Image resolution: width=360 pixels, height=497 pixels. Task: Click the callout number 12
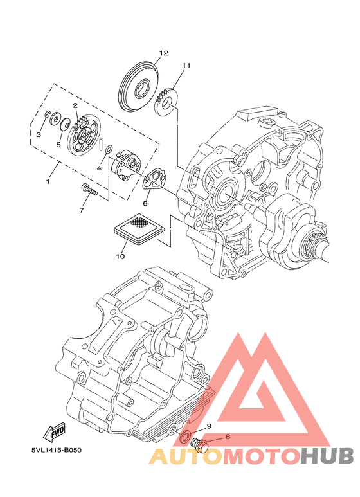[164, 53]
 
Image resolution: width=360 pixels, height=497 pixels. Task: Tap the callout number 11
[186, 66]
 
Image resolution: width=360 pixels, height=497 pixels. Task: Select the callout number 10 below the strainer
[120, 256]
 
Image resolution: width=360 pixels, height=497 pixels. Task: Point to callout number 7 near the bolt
[82, 210]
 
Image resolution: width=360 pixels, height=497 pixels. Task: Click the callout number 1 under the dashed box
[48, 181]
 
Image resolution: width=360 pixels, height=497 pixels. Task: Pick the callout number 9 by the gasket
[209, 426]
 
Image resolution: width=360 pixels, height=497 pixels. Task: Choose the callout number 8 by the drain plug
[228, 437]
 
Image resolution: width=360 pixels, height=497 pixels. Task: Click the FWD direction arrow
[54, 433]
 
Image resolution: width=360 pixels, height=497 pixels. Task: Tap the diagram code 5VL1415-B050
[57, 450]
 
